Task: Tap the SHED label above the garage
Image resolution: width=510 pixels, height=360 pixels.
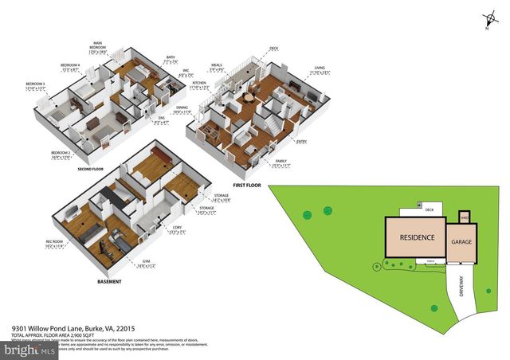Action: point(465,216)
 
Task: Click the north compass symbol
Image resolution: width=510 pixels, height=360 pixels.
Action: point(485,22)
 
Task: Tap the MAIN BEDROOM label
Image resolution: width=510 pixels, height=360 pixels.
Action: point(99,46)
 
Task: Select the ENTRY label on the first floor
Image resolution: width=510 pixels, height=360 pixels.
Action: point(300,142)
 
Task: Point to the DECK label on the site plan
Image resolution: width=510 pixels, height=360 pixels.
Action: point(429,209)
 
